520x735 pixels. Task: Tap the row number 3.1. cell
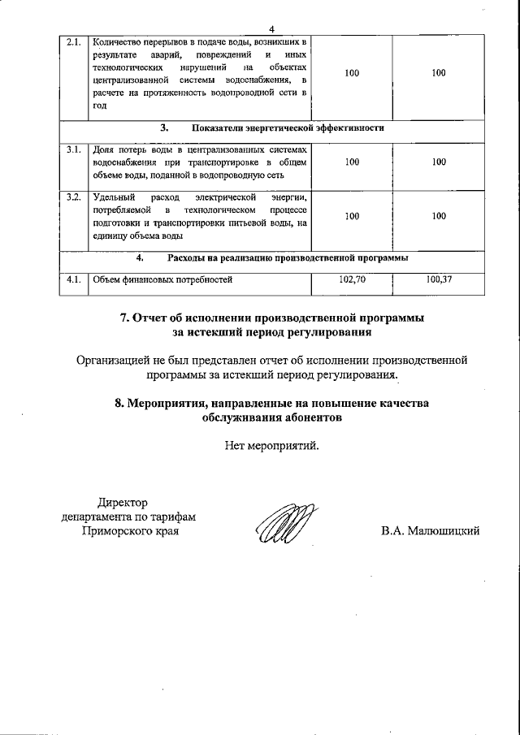point(73,149)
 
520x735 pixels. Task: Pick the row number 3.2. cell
point(73,197)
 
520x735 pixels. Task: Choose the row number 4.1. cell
point(73,280)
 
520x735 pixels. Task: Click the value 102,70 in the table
point(352,280)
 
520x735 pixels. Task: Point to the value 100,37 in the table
point(439,280)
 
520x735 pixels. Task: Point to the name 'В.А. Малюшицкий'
point(431,531)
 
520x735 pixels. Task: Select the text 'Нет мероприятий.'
point(272,445)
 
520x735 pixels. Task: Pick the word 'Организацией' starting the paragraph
point(115,360)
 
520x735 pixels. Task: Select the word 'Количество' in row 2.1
point(116,41)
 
